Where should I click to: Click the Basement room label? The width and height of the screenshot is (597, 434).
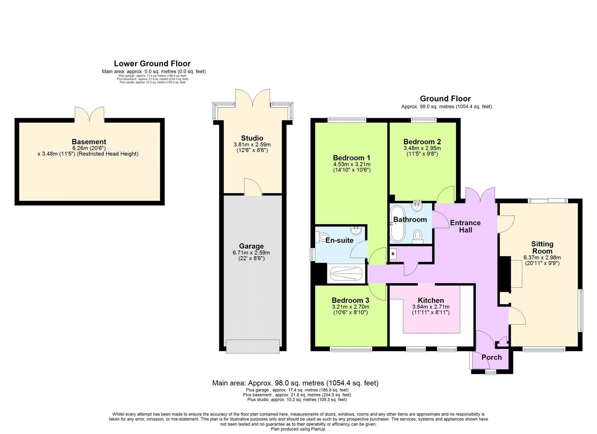[89, 142]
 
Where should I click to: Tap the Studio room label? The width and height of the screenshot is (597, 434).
[252, 138]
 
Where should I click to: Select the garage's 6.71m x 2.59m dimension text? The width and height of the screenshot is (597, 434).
[251, 253]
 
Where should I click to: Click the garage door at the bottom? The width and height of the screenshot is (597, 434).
[253, 346]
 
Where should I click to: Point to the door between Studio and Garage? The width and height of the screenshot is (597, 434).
[253, 188]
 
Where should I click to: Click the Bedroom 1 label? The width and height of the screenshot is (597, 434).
[351, 158]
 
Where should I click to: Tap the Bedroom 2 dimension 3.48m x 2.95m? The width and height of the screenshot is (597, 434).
[422, 148]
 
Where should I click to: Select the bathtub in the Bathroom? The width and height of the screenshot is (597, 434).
[397, 223]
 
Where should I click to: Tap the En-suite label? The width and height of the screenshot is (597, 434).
[339, 240]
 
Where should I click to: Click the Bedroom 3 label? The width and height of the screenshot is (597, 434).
[350, 300]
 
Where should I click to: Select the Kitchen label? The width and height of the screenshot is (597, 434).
[431, 300]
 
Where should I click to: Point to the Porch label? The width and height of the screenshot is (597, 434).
[491, 357]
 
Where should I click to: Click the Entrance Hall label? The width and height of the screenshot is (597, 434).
[465, 226]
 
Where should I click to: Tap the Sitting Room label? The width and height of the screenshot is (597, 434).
[542, 247]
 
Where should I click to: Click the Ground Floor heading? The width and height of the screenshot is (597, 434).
[445, 99]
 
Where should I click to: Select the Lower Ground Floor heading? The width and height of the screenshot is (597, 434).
[152, 63]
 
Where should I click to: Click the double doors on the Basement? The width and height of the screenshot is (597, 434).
[90, 115]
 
